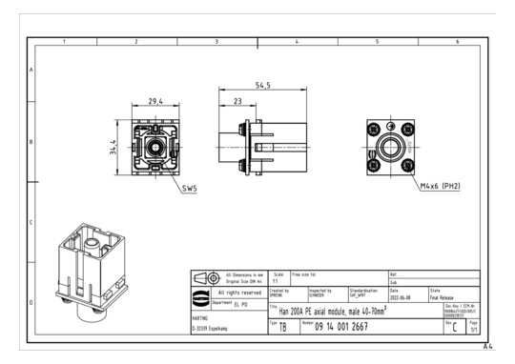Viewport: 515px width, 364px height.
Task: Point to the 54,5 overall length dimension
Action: tap(250, 86)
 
